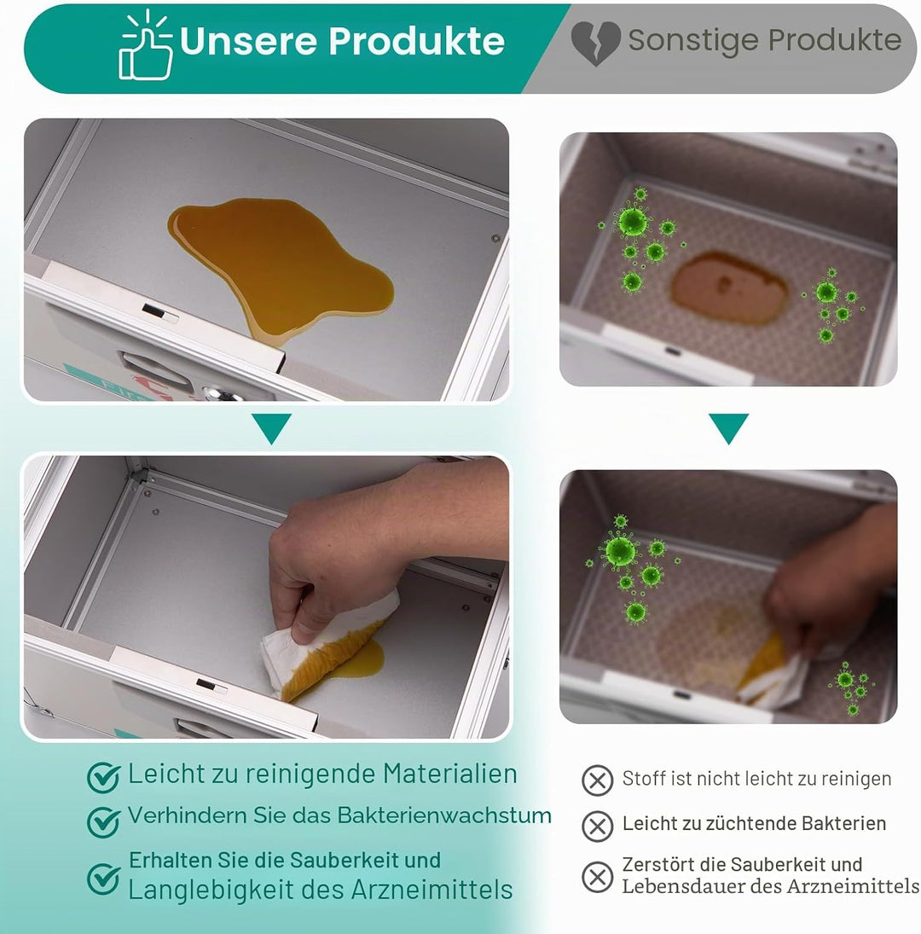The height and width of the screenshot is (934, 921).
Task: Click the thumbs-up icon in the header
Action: click(x=146, y=45)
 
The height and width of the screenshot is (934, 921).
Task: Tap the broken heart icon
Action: click(x=595, y=43)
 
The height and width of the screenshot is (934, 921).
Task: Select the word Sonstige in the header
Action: click(x=693, y=40)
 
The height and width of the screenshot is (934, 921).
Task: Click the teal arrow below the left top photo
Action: click(x=271, y=427)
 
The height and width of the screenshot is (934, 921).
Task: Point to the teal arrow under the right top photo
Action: click(x=728, y=427)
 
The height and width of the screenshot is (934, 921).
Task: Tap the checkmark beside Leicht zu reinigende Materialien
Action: click(x=103, y=777)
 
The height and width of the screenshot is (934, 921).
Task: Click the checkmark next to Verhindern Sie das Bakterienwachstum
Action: click(x=103, y=821)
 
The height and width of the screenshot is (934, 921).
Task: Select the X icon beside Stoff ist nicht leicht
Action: click(x=597, y=780)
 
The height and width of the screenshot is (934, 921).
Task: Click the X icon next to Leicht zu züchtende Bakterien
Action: click(x=597, y=827)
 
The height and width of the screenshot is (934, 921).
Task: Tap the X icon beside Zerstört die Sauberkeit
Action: click(x=597, y=877)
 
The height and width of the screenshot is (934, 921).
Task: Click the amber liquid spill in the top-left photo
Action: click(x=281, y=268)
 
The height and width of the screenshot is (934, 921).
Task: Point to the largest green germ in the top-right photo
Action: click(x=632, y=222)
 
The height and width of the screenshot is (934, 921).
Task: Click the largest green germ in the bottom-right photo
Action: click(x=620, y=550)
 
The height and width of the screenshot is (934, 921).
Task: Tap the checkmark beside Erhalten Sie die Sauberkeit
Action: click(x=103, y=878)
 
